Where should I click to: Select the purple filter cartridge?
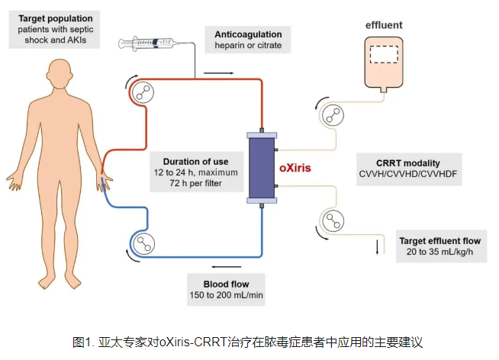[262, 167]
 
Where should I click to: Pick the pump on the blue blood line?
[142, 243]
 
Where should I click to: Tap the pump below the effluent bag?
[333, 115]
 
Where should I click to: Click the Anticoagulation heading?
[248, 34]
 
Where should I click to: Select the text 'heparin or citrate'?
[248, 46]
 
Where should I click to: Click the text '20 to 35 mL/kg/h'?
[440, 252]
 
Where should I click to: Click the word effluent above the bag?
[384, 24]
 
